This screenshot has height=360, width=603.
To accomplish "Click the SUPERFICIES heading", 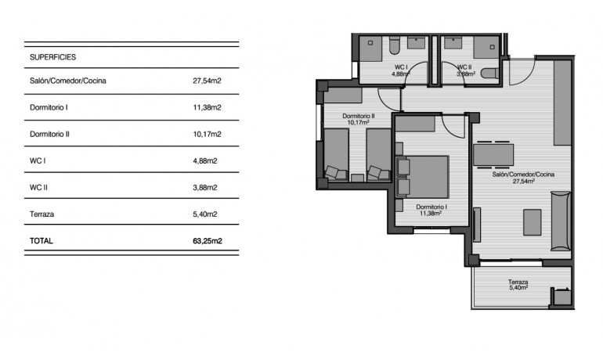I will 52,57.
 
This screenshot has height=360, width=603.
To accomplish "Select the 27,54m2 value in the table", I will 206,81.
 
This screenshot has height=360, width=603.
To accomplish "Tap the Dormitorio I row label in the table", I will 49,107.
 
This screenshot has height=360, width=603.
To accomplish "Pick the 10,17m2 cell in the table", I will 206,134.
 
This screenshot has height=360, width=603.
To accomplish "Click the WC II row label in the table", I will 40,187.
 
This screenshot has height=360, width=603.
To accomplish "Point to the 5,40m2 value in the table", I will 204,214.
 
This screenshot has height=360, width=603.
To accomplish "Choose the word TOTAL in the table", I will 42,241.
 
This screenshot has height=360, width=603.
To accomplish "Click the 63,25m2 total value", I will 208,241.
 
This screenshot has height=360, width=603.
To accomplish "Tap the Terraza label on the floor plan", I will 518,283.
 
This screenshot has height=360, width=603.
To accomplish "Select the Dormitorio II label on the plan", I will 359,116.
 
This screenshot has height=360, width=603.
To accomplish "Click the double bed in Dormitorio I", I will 427,176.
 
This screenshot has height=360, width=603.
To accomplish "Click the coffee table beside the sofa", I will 533,221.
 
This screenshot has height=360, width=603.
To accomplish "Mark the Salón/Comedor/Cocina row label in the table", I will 68,81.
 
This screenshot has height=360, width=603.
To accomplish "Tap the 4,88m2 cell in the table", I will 204,160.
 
